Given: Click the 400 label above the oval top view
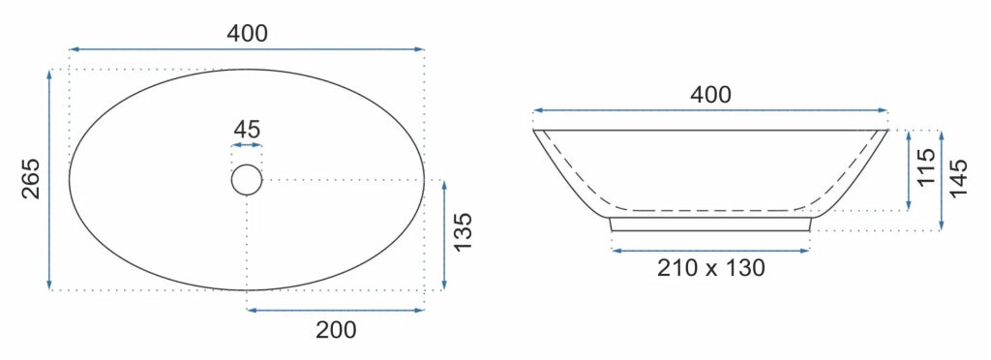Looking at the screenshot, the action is pos(247,33).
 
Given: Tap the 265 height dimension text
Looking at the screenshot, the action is pos(32,179).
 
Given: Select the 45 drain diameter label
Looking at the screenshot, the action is pos(247,130).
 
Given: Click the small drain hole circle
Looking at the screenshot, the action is pos(247,180).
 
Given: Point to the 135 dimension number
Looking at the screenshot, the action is pos(464,231).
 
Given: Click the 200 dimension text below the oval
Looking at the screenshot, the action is pos(336,330).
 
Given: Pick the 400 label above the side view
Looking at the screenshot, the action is pos(710,95).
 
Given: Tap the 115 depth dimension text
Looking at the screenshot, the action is pos(926,166).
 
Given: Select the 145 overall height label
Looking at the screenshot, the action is pos(959,178).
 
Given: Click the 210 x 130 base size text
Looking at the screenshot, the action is pos(711,268).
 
